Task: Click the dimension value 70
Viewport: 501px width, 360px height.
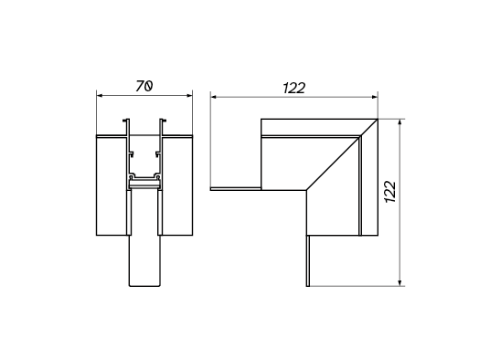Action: tap(144, 86)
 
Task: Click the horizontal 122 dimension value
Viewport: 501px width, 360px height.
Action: tap(294, 88)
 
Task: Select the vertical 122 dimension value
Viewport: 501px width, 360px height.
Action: tap(390, 192)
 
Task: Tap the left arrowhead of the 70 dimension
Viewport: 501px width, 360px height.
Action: tap(100, 95)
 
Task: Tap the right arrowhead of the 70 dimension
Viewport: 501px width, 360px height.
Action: tap(189, 95)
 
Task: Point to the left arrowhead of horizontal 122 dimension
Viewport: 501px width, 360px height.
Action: tap(214, 97)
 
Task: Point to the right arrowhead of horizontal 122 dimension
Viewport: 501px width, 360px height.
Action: tap(375, 97)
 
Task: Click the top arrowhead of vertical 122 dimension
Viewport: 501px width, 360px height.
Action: tap(400, 122)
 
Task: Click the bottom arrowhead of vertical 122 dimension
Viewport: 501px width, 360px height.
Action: tap(400, 282)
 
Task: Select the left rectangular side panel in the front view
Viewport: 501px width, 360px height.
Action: tap(112, 185)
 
